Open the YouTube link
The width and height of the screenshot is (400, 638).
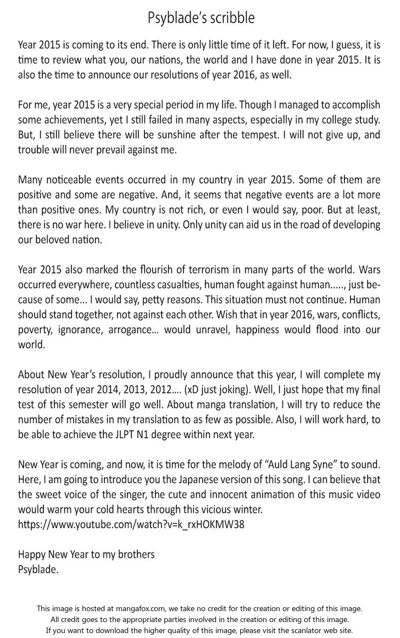click(x=131, y=524)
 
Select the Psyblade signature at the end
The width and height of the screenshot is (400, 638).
click(x=38, y=569)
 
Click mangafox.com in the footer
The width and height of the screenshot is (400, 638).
click(x=146, y=608)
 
